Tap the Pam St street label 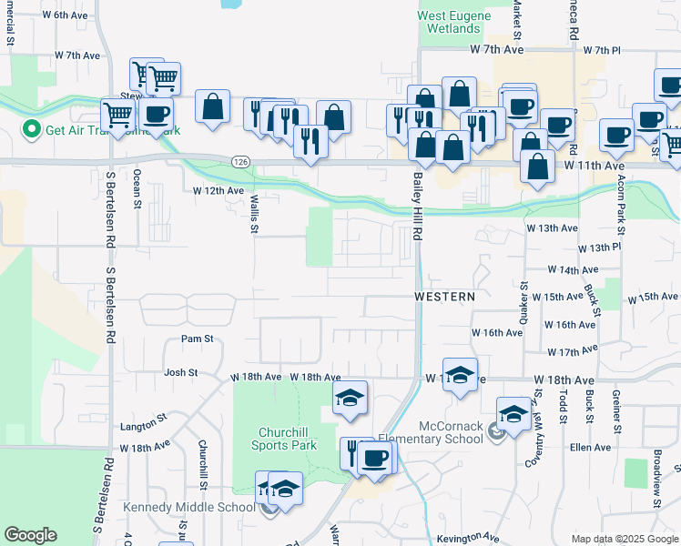click(197, 339)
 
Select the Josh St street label click(181, 372)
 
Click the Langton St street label click(141, 426)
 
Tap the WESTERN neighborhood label click(444, 297)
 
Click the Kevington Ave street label click(468, 538)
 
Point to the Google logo click(30, 535)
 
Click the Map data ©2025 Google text click(623, 539)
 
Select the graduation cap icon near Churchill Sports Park click(351, 399)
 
